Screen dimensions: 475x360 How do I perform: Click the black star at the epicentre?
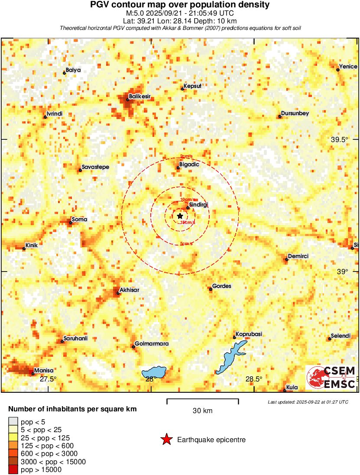(x=180, y=216)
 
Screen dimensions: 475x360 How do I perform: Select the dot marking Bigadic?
(x=178, y=168)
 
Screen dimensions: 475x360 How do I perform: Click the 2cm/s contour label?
(x=187, y=156)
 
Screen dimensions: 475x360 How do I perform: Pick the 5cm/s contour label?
(x=187, y=244)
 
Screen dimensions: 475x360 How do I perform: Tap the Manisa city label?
(x=44, y=370)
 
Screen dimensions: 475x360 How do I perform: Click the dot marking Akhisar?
(x=118, y=294)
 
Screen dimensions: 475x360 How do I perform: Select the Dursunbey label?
(x=295, y=113)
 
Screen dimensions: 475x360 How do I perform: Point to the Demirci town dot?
(x=286, y=260)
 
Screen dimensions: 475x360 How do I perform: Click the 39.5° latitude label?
(x=340, y=139)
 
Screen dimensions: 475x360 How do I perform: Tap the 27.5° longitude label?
(x=49, y=379)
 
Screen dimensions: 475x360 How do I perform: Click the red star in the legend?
(x=166, y=439)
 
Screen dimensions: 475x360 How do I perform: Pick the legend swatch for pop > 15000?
(x=13, y=470)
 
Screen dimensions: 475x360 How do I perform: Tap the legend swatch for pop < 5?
(x=13, y=420)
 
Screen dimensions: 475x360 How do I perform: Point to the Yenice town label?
(x=348, y=66)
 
